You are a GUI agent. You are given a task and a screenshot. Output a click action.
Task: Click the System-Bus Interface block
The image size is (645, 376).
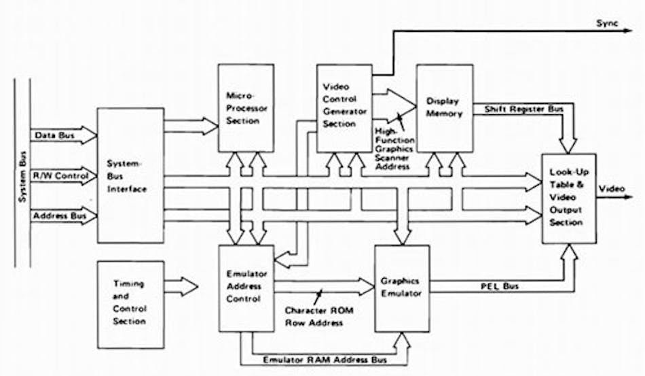(x=131, y=175)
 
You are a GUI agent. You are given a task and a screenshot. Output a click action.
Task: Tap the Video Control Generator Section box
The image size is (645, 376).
(x=344, y=108)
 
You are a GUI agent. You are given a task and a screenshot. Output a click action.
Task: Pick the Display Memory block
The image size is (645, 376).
(x=444, y=108)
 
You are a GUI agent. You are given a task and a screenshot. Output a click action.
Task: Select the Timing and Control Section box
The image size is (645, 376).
(x=131, y=303)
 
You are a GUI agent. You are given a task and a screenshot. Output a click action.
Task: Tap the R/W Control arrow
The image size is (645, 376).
(x=58, y=177)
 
